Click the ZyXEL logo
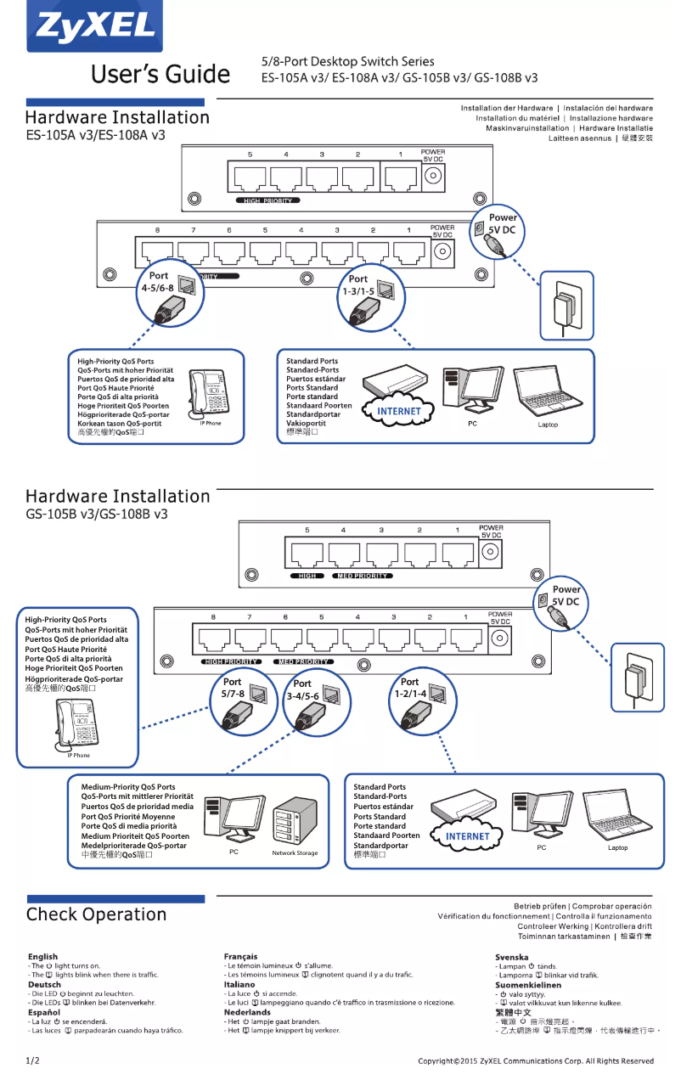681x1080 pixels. [94, 27]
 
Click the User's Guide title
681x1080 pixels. [160, 75]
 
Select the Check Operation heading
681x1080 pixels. [96, 914]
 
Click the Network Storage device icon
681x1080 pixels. [295, 821]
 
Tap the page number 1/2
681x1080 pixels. [33, 1060]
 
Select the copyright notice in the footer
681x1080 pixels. [536, 1061]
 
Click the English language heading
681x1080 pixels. [43, 957]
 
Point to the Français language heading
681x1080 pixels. [240, 957]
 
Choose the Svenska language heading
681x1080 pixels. [512, 957]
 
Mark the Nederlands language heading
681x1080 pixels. [247, 1012]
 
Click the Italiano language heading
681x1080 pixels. [239, 984]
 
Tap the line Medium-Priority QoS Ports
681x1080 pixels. [128, 787]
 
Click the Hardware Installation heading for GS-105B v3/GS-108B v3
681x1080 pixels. [117, 497]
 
